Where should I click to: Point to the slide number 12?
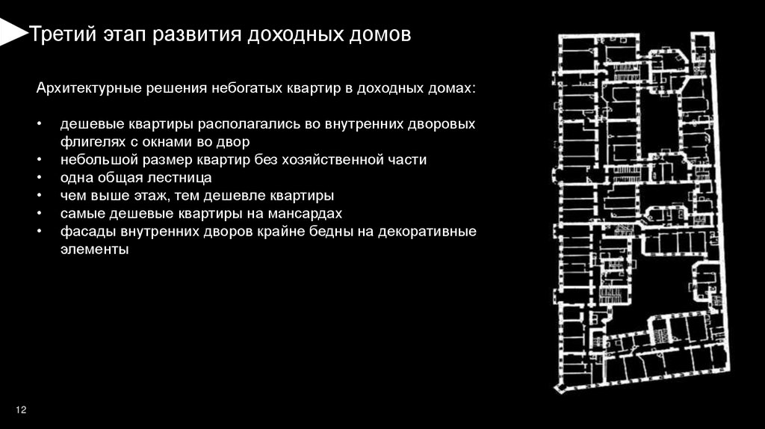(21, 410)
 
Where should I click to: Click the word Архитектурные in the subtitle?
(84, 88)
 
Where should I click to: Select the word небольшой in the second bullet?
(93, 160)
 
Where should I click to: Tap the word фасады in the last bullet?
(84, 232)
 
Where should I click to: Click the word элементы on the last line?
(95, 250)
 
